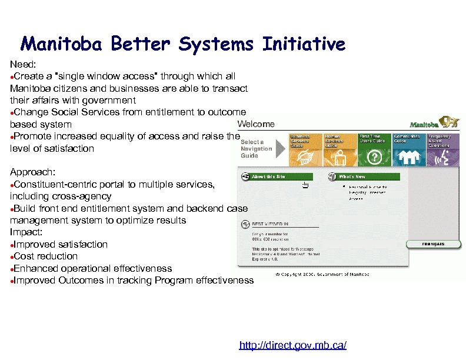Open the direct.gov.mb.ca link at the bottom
(x=292, y=345)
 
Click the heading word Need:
(x=23, y=64)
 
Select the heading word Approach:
(x=32, y=172)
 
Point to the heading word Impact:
(x=26, y=232)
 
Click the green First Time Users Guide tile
(x=374, y=149)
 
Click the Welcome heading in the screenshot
(x=256, y=124)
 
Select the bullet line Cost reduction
(x=45, y=256)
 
